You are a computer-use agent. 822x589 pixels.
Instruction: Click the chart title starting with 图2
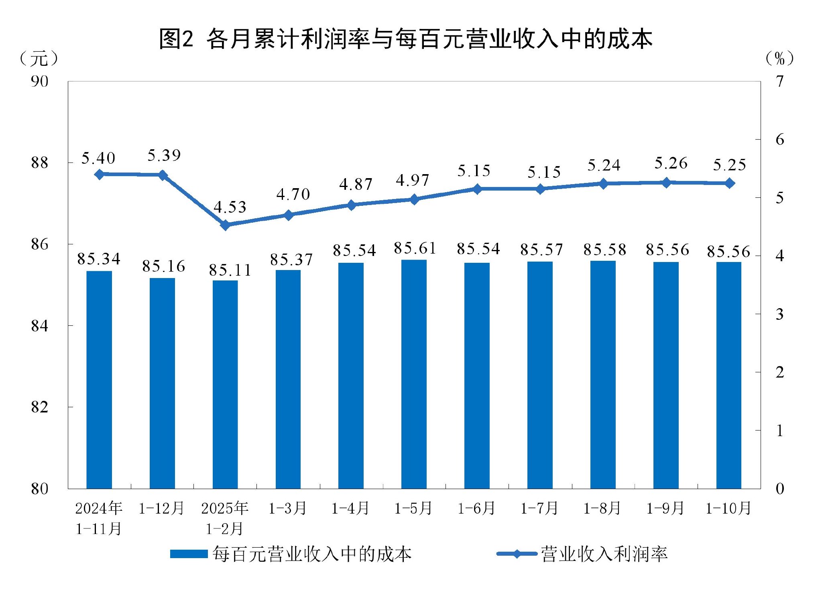(x=405, y=39)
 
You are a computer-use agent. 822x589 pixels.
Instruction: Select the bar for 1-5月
(x=414, y=373)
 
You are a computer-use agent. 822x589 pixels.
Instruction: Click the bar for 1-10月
(x=728, y=375)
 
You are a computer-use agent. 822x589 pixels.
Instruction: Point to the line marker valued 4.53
(x=226, y=225)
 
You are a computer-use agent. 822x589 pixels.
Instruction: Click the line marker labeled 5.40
(x=100, y=174)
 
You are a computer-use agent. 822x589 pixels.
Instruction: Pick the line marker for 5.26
(x=666, y=183)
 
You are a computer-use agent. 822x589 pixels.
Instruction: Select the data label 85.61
(x=415, y=248)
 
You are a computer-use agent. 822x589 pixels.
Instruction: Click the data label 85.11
(x=230, y=270)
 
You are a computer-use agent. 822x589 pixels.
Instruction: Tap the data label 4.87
(x=356, y=184)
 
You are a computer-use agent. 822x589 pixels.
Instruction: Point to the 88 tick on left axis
(x=39, y=163)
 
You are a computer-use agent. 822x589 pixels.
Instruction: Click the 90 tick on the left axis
(x=39, y=81)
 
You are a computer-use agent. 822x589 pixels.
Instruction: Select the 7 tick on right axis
(x=779, y=81)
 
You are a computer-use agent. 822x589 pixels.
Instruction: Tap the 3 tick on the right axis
(x=779, y=314)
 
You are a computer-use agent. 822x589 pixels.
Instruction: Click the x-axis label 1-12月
(x=161, y=508)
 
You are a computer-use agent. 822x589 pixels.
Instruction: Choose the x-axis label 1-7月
(x=539, y=508)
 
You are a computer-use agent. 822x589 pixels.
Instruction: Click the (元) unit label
(x=39, y=59)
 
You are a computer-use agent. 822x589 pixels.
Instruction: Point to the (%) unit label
(x=779, y=59)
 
